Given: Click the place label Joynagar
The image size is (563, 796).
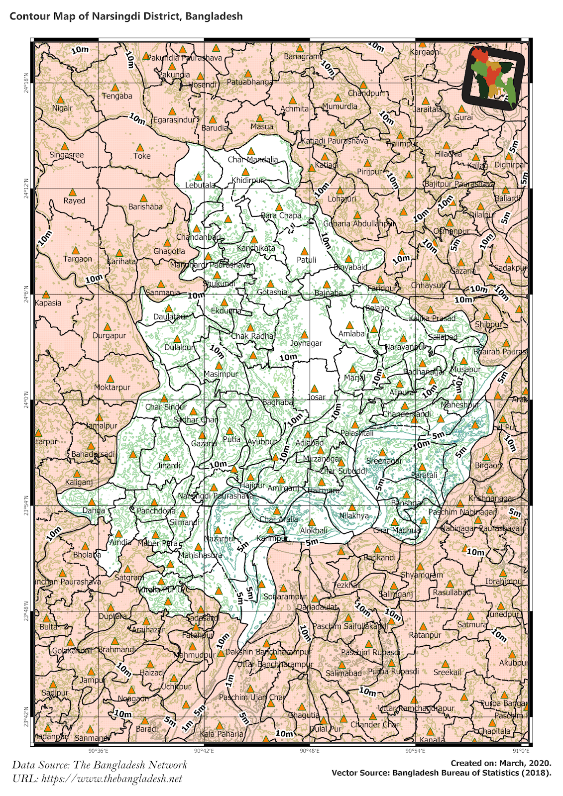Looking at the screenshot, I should point(306,343).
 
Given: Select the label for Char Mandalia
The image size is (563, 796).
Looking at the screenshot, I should point(253,160).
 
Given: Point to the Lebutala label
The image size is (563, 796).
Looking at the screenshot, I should point(200,185).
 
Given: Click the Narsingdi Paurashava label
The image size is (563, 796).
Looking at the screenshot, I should point(216,496).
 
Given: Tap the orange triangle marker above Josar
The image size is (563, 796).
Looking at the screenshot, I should point(314,389).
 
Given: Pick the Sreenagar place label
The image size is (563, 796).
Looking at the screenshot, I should point(384,461).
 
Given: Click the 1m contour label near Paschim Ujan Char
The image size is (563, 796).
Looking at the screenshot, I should point(229,679).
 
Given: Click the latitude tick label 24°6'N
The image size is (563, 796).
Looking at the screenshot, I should point(25,296).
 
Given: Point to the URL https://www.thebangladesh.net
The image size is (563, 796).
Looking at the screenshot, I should point(97,779).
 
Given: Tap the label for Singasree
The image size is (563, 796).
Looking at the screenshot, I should point(67,155).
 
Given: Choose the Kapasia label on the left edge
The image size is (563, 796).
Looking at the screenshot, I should point(48,303).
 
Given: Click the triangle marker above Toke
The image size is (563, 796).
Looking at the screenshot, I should point(140,148).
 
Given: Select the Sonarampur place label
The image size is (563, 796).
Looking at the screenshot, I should point(285,597).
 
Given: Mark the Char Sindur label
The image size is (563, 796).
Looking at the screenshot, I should point(166,407).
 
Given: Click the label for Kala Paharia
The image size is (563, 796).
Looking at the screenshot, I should point(222,734).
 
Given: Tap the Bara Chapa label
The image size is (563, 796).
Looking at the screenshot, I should point(281,215).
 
